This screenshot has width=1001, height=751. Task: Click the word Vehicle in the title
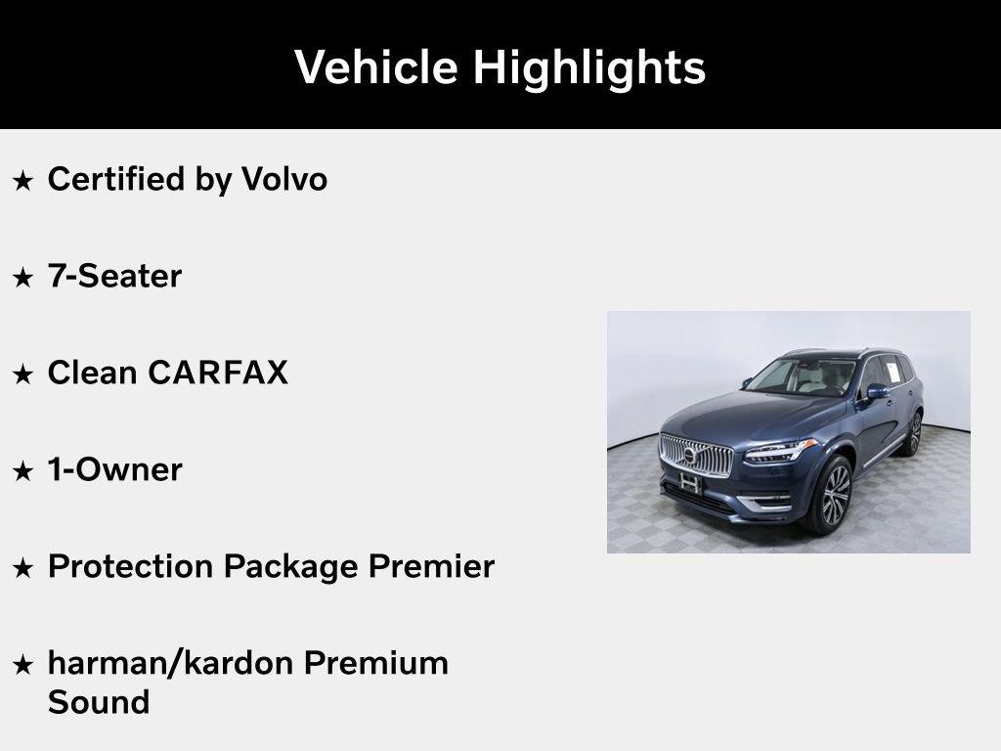(376, 66)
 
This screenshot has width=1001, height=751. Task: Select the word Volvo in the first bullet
(284, 179)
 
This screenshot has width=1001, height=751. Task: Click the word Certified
(116, 179)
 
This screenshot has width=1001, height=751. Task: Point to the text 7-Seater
(115, 276)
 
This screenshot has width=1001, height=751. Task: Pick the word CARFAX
(218, 373)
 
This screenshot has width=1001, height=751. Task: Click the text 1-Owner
(115, 469)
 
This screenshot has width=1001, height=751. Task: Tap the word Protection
(130, 566)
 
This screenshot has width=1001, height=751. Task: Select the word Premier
(431, 566)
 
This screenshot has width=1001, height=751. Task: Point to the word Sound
(99, 702)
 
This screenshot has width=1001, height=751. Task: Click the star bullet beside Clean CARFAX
(23, 375)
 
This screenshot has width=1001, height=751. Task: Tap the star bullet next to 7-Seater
(23, 278)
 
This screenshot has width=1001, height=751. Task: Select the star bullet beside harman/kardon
(23, 665)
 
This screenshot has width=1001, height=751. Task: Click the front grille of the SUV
(696, 456)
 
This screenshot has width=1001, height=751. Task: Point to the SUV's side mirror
(877, 391)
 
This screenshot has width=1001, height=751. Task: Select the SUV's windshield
(801, 376)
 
